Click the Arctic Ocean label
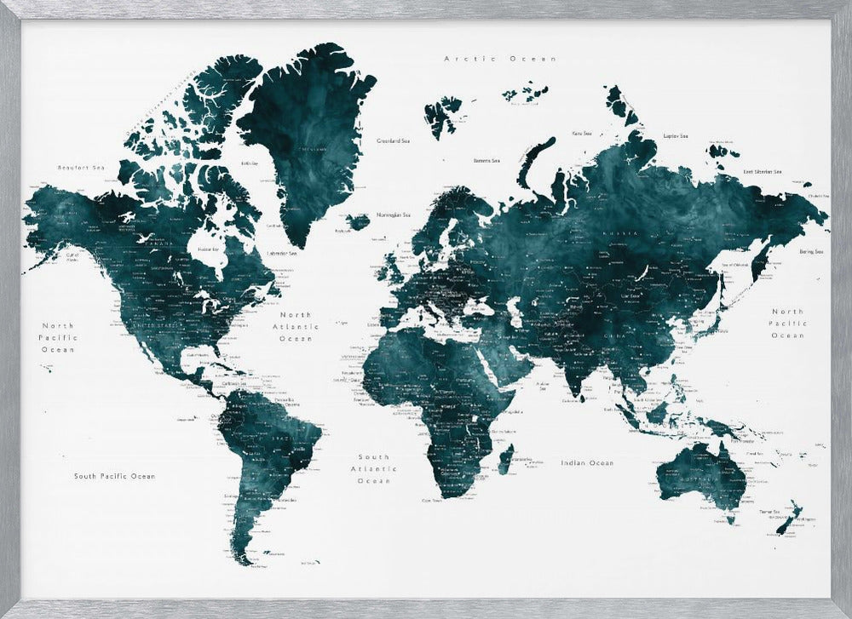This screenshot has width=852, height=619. (500, 59)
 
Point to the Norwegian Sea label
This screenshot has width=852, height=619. (394, 215)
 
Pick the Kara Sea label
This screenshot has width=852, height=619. (582, 133)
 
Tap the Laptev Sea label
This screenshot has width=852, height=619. (676, 135)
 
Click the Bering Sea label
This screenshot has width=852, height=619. (811, 252)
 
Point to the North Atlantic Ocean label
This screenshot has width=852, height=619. (296, 326)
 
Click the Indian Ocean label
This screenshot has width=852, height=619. (586, 463)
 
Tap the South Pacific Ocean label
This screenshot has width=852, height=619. (114, 476)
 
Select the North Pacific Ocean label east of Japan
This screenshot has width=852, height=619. (786, 324)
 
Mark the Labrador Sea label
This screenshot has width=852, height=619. (282, 253)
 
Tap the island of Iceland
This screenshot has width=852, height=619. (359, 221)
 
